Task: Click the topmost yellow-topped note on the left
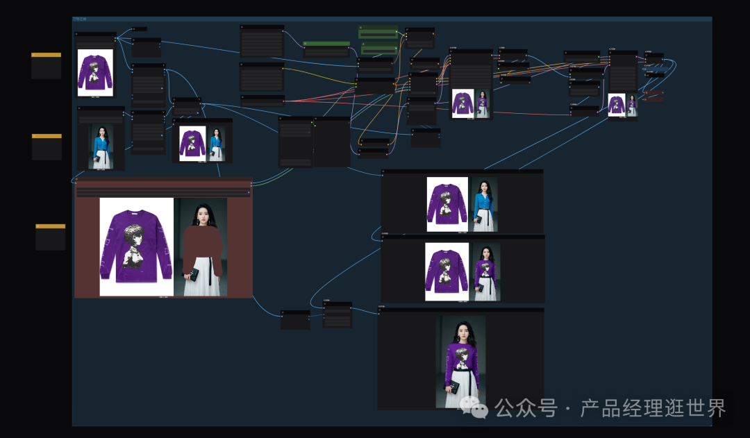tap(46, 66)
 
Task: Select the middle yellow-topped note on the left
tap(47, 147)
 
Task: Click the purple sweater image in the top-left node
tap(95, 72)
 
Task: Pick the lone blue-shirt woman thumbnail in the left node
tap(101, 146)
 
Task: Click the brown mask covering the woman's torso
tap(202, 250)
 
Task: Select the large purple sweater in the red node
tap(135, 246)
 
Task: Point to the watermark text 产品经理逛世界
tap(653, 408)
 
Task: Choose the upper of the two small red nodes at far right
tap(653, 92)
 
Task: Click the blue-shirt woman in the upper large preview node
tap(484, 203)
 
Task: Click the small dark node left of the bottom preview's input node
tap(295, 319)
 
